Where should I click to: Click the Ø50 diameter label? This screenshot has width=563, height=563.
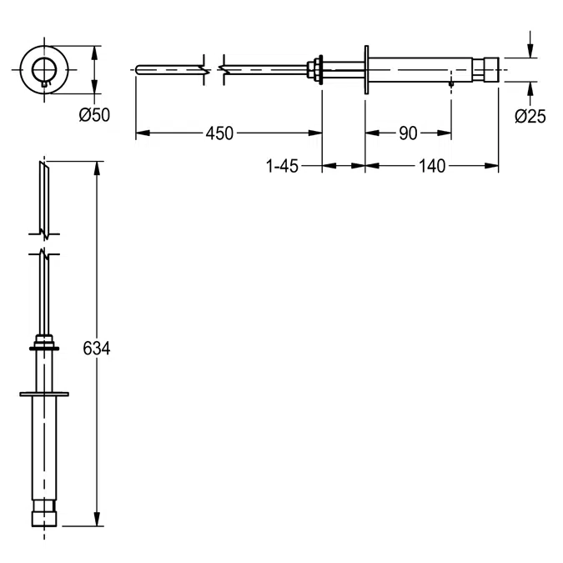[x=94, y=116]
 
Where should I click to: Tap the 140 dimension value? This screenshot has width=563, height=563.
[x=431, y=166]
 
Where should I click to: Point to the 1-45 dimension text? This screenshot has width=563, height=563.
[x=282, y=166]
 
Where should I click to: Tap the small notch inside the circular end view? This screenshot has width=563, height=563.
[x=44, y=81]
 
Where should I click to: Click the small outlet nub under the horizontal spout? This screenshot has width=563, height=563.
[x=450, y=83]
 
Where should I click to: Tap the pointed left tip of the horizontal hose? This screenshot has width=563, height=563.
[x=138, y=68]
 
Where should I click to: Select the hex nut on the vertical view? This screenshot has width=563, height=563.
[x=44, y=344]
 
